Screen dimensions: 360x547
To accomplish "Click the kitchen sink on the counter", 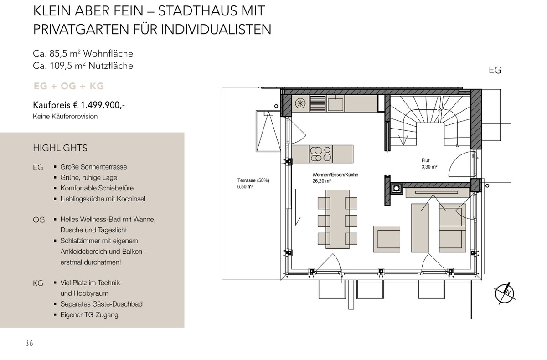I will tap(335, 104).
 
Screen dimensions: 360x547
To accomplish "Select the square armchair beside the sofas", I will tap(387, 238).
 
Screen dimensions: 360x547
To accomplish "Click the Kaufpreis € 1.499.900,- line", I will tap(79, 105).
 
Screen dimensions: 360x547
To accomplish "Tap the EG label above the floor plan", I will tap(495, 70).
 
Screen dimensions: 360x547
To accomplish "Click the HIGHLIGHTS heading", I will tap(60, 148).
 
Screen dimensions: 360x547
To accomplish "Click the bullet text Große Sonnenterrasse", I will tap(93, 167).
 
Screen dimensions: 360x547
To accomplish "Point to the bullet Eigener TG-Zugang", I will tap(89, 314).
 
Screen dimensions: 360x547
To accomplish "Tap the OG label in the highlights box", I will tap(39, 220).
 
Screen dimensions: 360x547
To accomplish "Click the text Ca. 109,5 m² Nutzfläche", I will tap(83, 66).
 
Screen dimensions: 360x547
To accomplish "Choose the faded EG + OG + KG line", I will tap(68, 86).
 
